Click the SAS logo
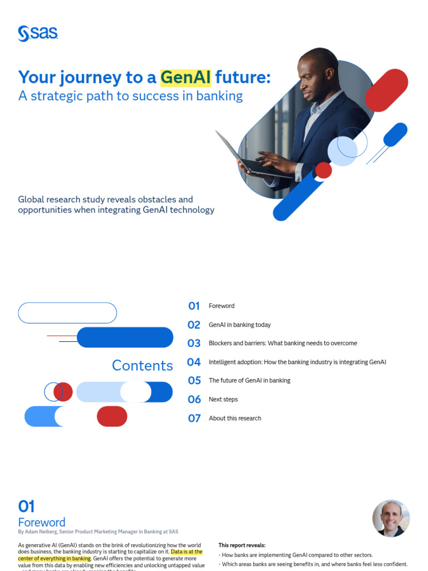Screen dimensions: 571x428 point(38,33)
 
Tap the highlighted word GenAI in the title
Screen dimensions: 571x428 point(186,77)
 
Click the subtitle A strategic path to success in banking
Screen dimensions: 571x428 point(130,96)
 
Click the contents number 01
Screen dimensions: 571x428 point(194,306)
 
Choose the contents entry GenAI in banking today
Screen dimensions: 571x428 point(240,325)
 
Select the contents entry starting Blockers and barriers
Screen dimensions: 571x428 point(283,343)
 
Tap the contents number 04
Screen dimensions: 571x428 point(194,362)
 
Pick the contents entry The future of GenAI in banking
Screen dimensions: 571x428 point(249,380)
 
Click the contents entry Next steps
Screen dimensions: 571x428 point(223,399)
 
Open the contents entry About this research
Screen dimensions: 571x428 point(235,418)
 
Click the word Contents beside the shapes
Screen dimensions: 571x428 point(142,365)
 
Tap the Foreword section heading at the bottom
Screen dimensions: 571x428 point(42,522)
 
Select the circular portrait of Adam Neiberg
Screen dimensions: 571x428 point(391,518)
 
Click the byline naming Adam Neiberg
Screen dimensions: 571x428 point(98,532)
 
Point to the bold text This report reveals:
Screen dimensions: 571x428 point(242,545)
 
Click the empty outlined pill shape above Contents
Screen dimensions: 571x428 point(67,313)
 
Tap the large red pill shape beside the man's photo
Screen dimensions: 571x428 point(386,90)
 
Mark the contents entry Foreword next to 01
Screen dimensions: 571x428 point(221,306)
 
